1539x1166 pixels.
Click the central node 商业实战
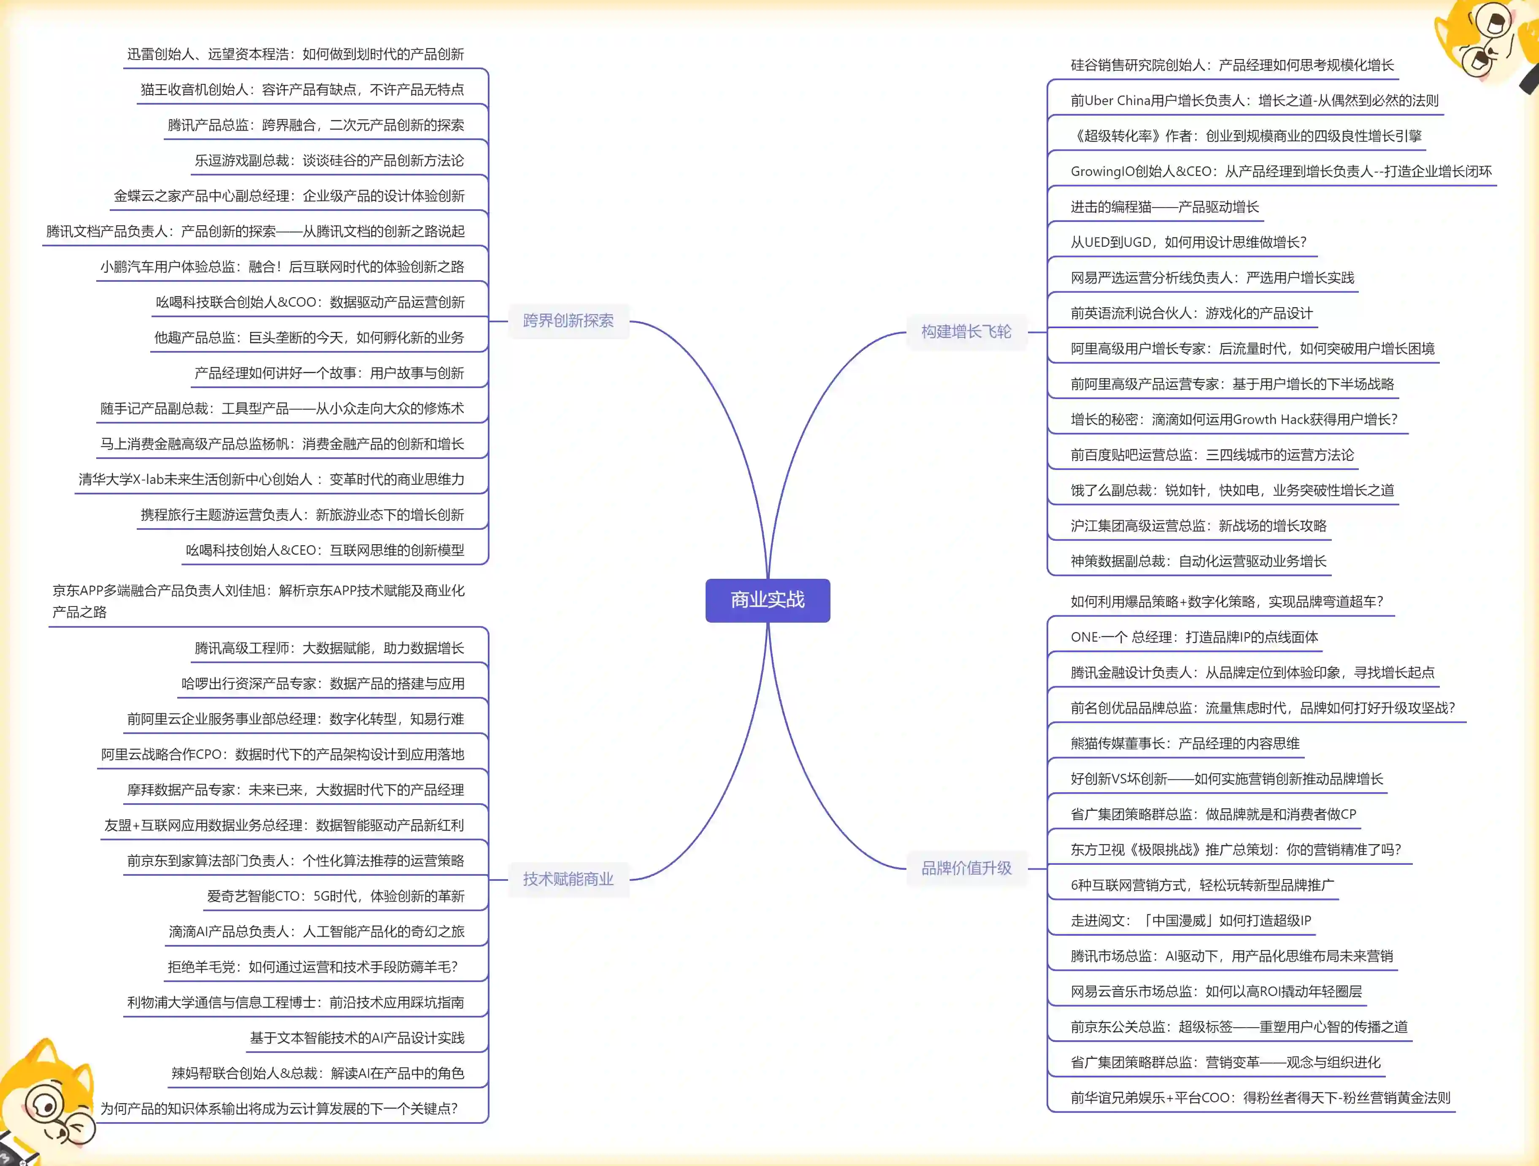pyautogui.click(x=768, y=600)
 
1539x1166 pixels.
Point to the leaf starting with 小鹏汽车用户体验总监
pyautogui.click(x=282, y=267)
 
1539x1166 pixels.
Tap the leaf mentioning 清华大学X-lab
pyautogui.click(x=271, y=479)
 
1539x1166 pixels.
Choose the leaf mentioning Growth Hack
pyautogui.click(x=1233, y=419)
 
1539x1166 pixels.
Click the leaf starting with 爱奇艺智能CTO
pyautogui.click(x=335, y=896)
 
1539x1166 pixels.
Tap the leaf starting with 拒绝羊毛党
pyautogui.click(x=312, y=967)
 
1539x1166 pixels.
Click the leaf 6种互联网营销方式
pyautogui.click(x=1201, y=885)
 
